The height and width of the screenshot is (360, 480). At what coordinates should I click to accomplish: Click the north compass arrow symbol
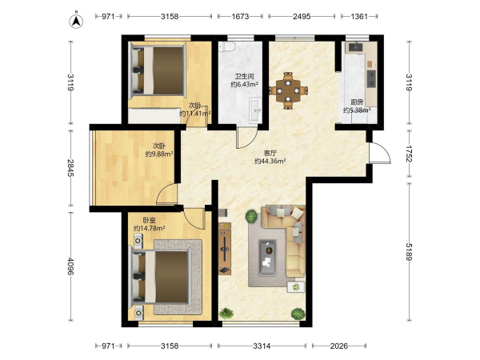[x=76, y=21]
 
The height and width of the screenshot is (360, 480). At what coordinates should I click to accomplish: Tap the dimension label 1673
[x=240, y=16]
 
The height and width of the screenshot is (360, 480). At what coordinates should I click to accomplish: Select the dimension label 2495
[x=302, y=16]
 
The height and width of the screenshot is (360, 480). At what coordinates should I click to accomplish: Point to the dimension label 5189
[x=409, y=252]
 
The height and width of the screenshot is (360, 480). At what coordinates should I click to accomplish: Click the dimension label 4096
[x=70, y=266]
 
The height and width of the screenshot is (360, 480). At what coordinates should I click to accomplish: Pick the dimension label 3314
[x=262, y=346]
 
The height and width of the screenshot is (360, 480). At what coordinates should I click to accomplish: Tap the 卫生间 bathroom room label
[x=244, y=77]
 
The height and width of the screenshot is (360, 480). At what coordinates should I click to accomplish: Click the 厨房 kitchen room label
[x=357, y=102]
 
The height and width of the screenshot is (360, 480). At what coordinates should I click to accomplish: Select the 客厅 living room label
[x=270, y=153]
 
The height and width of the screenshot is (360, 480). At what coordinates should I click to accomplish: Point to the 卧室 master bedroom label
[x=150, y=220]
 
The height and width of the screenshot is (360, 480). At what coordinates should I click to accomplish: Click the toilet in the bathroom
[x=227, y=46]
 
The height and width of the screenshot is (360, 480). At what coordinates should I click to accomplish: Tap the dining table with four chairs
[x=288, y=90]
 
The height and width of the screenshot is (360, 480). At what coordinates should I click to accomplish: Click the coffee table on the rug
[x=267, y=258]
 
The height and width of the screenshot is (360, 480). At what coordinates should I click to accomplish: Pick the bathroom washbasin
[x=255, y=110]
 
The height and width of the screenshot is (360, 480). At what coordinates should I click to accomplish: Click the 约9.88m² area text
[x=159, y=154]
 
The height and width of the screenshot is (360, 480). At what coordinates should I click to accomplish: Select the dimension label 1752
[x=409, y=154]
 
